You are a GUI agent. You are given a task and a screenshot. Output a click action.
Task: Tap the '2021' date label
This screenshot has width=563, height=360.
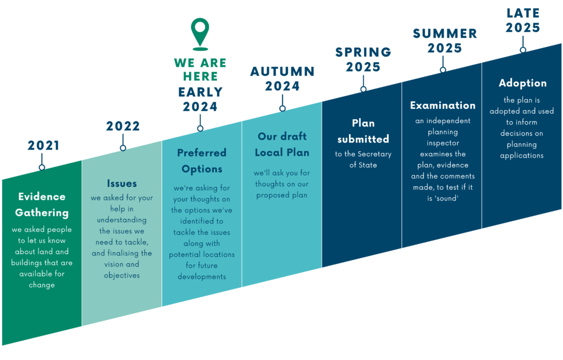point(43,146)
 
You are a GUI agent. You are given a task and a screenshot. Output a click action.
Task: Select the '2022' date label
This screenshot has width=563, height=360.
point(123,126)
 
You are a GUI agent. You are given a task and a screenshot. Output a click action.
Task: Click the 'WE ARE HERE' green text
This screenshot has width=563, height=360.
point(200,70)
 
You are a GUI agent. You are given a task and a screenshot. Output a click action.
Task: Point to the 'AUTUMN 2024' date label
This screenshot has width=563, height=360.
point(283,79)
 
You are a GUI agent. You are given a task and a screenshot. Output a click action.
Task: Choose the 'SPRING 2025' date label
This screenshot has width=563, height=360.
point(363,59)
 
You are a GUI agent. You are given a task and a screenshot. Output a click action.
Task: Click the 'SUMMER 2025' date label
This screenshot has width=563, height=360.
point(445,41)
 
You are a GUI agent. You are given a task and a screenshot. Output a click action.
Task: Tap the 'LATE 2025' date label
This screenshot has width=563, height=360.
point(523,20)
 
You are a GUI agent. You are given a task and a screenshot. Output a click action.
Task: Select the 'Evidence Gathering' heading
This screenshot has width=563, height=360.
point(42,204)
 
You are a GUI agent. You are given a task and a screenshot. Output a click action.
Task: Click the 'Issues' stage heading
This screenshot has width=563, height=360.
point(122,183)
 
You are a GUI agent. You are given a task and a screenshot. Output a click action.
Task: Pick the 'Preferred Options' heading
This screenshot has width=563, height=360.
point(202,160)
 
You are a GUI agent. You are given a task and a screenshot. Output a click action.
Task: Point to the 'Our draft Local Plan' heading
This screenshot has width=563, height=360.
point(283,144)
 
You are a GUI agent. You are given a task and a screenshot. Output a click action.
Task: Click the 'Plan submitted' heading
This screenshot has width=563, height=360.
point(363,131)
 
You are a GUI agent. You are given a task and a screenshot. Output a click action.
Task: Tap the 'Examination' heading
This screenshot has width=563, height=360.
point(443,105)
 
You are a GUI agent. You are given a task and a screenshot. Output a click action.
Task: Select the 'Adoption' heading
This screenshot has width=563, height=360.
point(522,83)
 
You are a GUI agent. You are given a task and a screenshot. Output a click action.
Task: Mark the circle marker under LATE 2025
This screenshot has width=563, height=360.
point(523,50)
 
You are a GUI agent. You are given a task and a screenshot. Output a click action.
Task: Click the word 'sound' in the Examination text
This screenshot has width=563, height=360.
point(447,198)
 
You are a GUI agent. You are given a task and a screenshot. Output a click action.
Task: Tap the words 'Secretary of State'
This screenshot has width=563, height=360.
point(363,159)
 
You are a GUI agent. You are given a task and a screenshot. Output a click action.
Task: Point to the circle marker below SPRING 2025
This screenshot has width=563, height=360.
point(363,89)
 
